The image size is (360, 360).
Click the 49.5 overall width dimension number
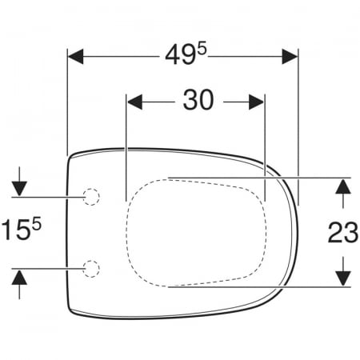[x=186, y=54]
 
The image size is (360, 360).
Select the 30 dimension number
[x=198, y=100]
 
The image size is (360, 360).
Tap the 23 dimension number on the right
[x=343, y=232]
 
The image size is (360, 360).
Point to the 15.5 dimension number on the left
[x=22, y=229]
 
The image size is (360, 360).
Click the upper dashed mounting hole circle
[x=91, y=197]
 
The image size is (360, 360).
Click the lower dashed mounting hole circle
[x=91, y=269]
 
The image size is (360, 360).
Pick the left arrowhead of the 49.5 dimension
[x=76, y=57]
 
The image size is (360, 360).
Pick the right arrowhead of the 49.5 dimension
[x=290, y=57]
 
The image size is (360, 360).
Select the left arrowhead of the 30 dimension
[x=134, y=102]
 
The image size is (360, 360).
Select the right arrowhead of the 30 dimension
[x=256, y=102]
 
